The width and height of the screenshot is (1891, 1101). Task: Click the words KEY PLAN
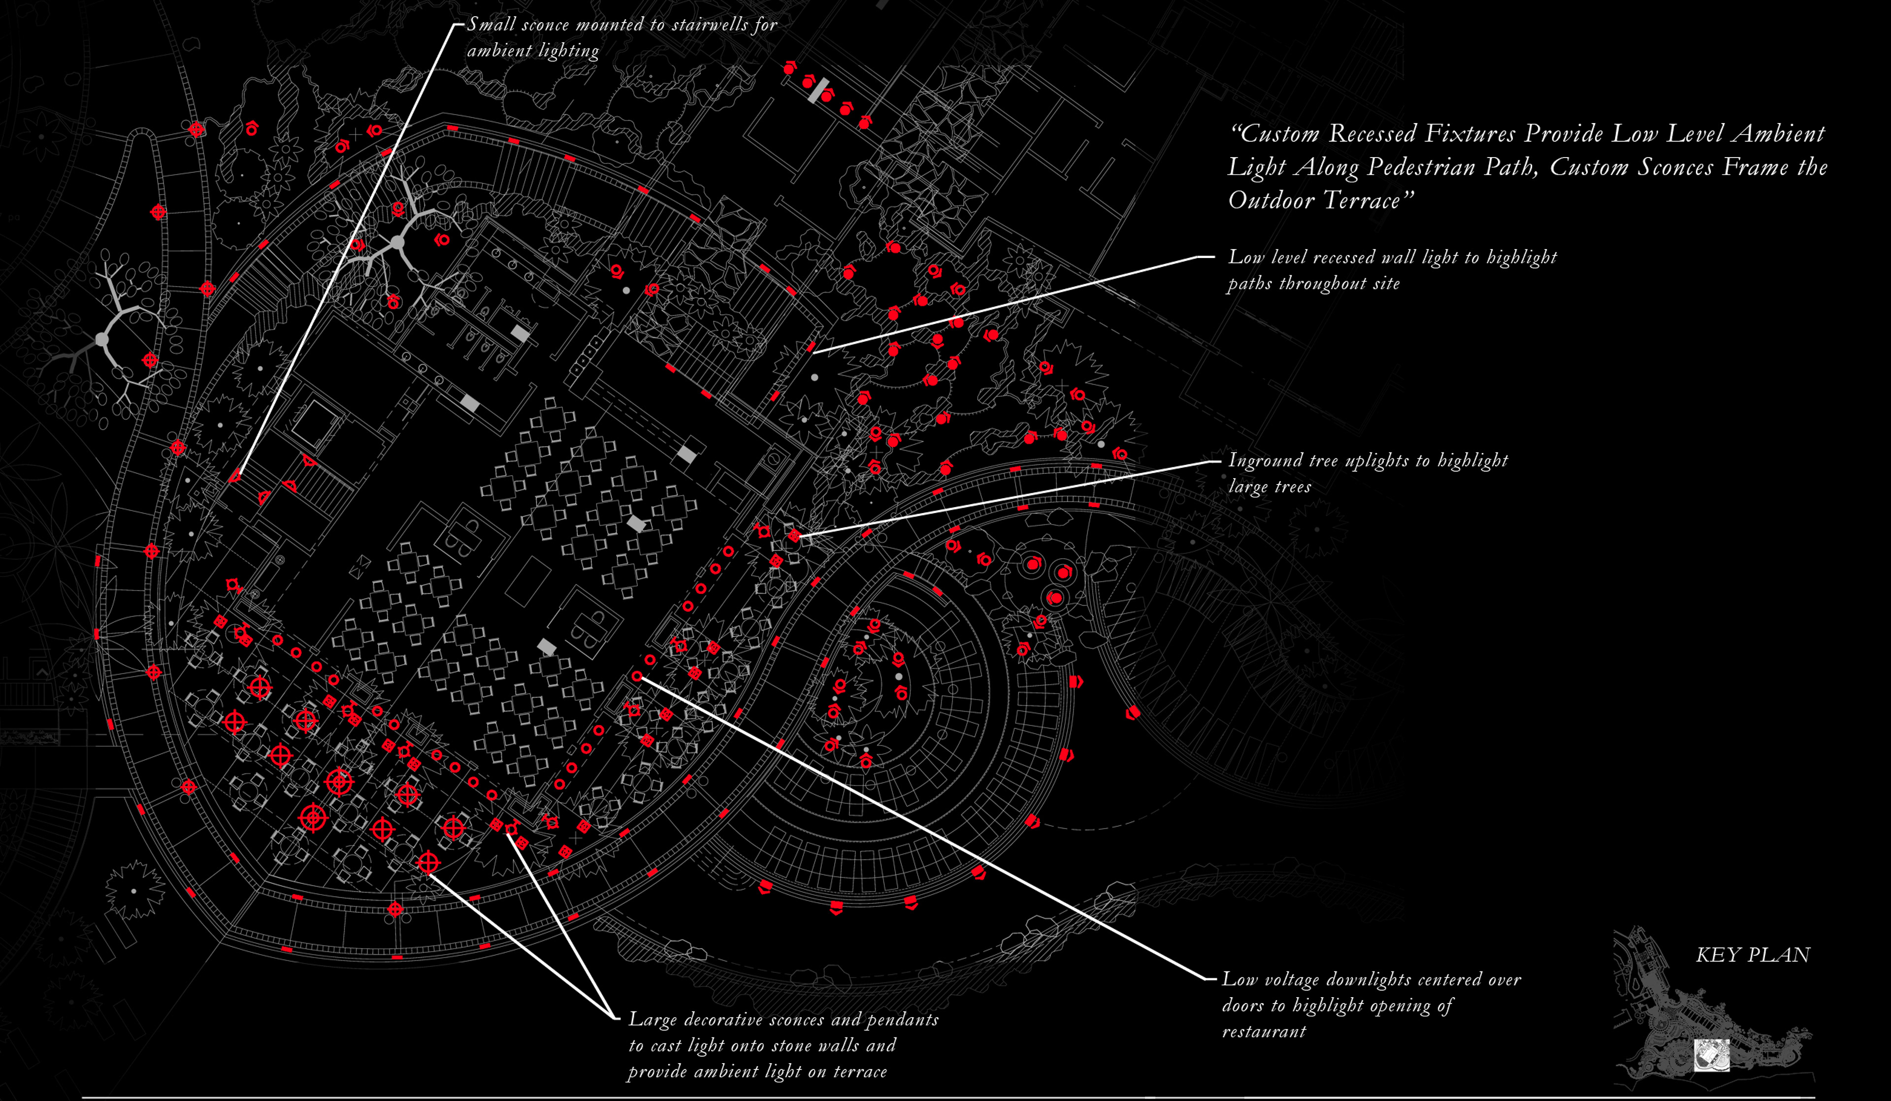click(x=1752, y=955)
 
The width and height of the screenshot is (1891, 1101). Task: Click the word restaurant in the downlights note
click(x=1264, y=1031)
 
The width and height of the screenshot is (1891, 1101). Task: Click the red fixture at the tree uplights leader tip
click(x=794, y=535)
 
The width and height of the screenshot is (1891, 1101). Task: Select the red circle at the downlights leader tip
click(x=637, y=676)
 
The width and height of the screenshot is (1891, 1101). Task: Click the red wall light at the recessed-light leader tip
click(x=811, y=347)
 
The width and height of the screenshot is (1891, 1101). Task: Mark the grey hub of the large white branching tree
click(x=397, y=242)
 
